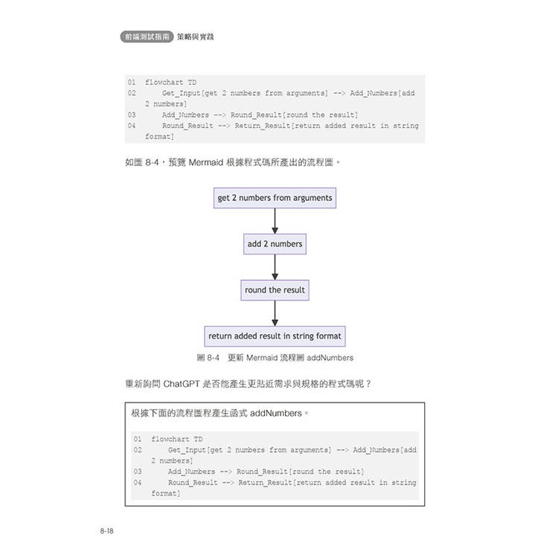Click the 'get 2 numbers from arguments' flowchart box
tap(275, 198)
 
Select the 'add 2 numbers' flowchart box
tap(275, 244)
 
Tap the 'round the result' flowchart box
tap(275, 290)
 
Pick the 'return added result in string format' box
tap(275, 336)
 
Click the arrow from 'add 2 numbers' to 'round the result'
tap(275, 267)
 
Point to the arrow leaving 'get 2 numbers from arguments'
tap(275, 221)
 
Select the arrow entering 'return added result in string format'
tap(275, 313)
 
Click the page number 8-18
tap(106, 531)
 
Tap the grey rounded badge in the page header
tap(147, 36)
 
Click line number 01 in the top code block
tap(132, 82)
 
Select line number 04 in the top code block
tap(132, 126)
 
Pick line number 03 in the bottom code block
tap(138, 472)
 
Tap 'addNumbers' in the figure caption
tap(330, 358)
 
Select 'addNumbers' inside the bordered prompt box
tap(276, 413)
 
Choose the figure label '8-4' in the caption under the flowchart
tap(214, 358)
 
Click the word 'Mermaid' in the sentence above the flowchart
tap(205, 163)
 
